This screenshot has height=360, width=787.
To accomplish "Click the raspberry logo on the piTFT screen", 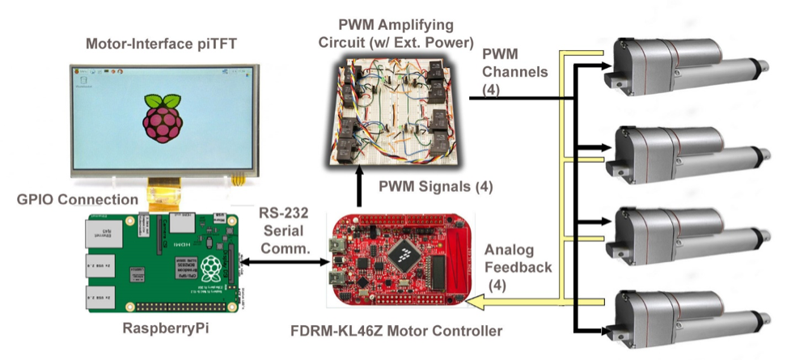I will pyautogui.click(x=158, y=119).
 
